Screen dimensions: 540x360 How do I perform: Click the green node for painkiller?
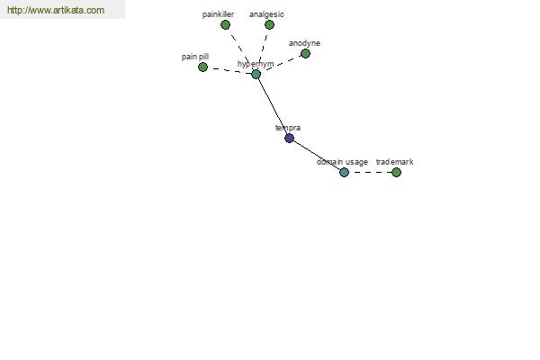(x=225, y=25)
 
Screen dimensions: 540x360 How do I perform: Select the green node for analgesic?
(x=269, y=25)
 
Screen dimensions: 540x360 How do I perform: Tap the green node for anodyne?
(x=305, y=53)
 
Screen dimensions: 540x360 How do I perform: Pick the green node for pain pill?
(x=202, y=67)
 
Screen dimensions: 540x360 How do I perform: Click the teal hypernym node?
(x=256, y=74)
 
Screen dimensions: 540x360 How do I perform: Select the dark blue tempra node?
(x=289, y=138)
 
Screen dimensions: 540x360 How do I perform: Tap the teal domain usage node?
(x=344, y=172)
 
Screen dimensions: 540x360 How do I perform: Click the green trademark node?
(x=396, y=172)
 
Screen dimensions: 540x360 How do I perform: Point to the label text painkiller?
(x=218, y=14)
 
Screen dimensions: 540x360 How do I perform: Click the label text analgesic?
(x=266, y=14)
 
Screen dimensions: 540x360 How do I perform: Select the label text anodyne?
(x=304, y=43)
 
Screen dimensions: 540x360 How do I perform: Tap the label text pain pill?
(x=195, y=57)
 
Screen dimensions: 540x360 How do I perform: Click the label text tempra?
(x=288, y=128)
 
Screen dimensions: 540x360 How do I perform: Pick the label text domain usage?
(x=342, y=162)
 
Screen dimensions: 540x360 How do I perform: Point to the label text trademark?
(x=395, y=162)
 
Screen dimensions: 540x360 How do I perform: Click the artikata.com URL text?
(x=56, y=10)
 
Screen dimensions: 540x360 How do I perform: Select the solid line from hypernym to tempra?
(x=273, y=106)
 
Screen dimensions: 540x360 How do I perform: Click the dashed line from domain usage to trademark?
(x=370, y=172)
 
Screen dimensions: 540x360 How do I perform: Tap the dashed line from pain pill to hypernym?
(x=229, y=70)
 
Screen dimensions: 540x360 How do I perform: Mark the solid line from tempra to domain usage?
(x=317, y=156)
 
